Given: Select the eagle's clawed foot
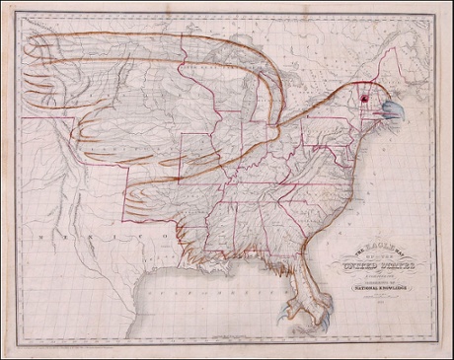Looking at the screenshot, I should point(306,314).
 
